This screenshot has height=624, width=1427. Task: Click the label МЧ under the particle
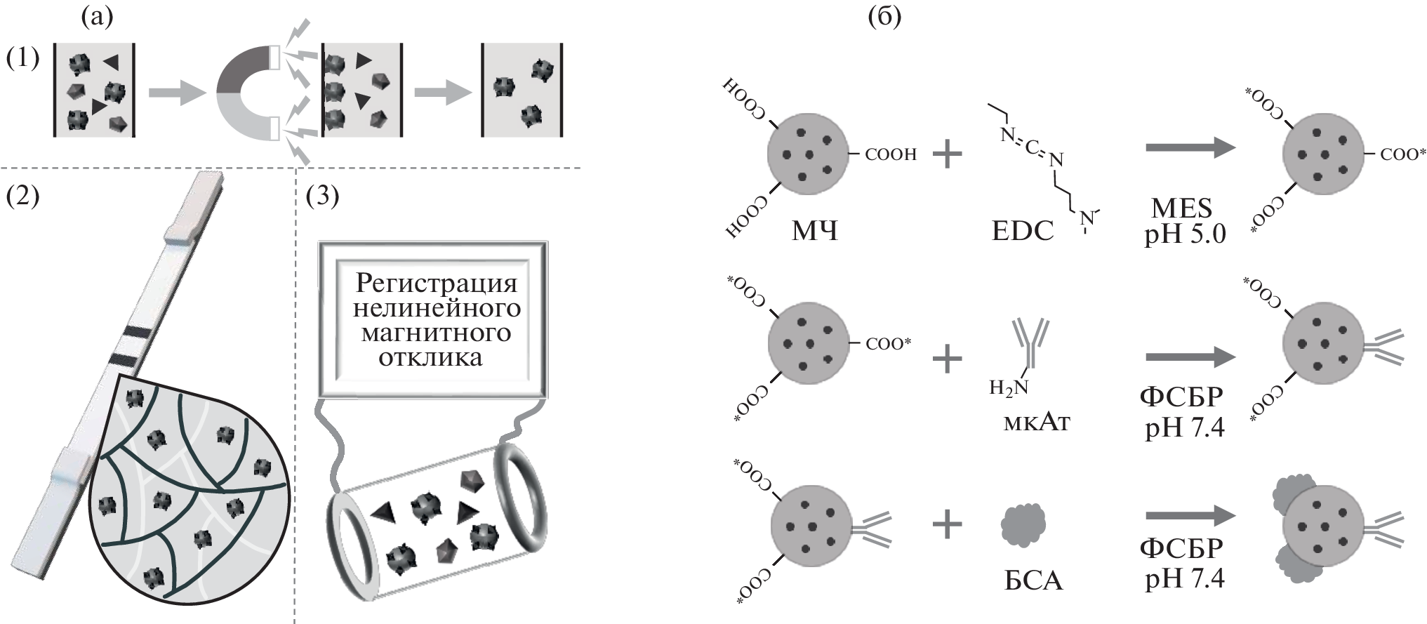pos(814,230)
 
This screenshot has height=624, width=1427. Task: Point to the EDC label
pos(1022,231)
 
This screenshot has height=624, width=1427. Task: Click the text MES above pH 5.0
pos(1181,208)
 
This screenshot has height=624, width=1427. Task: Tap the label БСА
pos(1033,580)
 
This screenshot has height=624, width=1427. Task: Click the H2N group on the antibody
pos(1008,387)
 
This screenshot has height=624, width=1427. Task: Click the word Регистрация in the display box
pos(436,283)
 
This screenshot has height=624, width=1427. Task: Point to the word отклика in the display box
pos(430,358)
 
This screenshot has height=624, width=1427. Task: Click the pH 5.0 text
pos(1185,234)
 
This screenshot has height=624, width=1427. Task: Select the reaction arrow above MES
pos(1189,147)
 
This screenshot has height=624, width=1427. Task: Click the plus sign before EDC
pos(947,154)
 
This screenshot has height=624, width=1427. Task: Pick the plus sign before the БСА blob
pos(947,524)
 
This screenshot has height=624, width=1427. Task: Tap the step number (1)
pos(22,58)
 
